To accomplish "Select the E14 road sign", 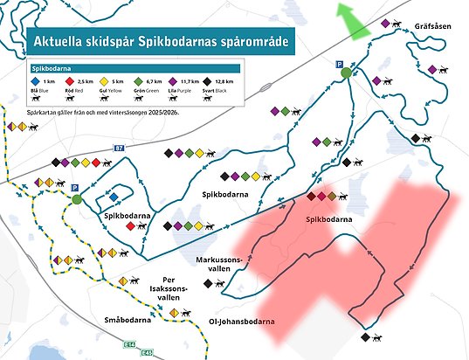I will click(128, 343).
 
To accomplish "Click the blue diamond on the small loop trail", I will click(114, 197).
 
